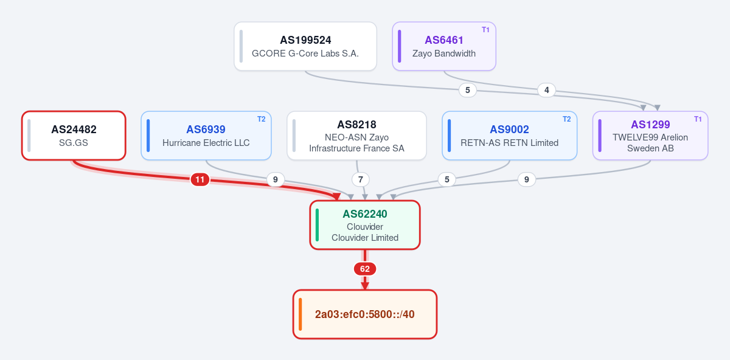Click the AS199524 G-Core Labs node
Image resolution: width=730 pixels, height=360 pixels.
click(x=305, y=46)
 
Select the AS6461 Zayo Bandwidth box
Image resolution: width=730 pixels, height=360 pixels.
click(x=444, y=46)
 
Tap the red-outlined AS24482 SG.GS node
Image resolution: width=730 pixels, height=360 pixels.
click(x=74, y=136)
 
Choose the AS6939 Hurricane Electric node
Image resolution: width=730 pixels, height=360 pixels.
click(x=206, y=136)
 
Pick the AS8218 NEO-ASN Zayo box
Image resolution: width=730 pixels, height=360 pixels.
click(x=356, y=136)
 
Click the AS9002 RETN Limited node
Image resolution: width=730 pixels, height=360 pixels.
click(x=509, y=136)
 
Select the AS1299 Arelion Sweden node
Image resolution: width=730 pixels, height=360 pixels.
click(x=650, y=136)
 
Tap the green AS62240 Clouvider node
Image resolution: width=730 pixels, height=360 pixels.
click(x=364, y=225)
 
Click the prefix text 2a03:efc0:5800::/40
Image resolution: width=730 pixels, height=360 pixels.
click(x=364, y=314)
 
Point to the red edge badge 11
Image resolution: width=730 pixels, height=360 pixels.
click(x=200, y=179)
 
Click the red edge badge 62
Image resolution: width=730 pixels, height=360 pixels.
click(x=364, y=269)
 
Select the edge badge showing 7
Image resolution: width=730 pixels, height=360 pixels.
click(x=360, y=179)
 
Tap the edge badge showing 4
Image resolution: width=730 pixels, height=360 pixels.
click(x=546, y=90)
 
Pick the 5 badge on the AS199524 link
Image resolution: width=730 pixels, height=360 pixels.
click(x=467, y=90)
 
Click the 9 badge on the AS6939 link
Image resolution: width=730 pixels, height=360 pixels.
click(x=276, y=179)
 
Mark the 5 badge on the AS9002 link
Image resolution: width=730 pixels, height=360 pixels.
click(x=447, y=179)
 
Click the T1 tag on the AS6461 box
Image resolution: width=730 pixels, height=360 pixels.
click(x=485, y=30)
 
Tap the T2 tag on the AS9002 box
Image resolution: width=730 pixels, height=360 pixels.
click(x=567, y=119)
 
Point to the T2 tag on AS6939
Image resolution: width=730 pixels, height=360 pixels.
click(x=262, y=119)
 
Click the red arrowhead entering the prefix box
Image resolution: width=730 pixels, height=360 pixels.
click(x=364, y=286)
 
